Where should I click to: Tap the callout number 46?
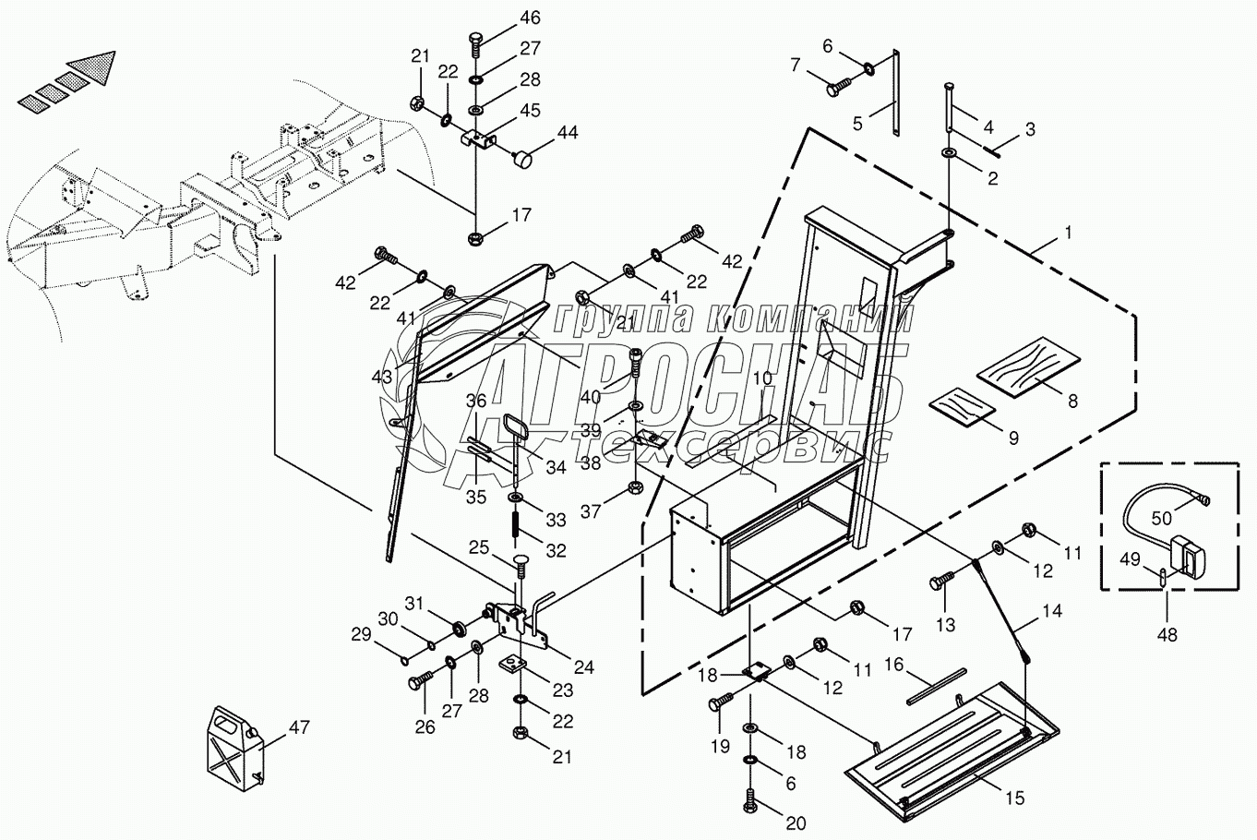coord(530,18)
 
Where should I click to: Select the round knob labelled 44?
coord(523,159)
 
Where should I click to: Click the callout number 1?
coord(1068,234)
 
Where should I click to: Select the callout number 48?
coord(1167,635)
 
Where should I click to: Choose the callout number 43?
coord(381,377)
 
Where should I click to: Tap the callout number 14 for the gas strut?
coord(1052,611)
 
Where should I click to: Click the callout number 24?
coord(582,667)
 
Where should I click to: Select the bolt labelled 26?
coord(415,685)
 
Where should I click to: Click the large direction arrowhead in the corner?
coord(96,64)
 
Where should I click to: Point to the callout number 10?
coord(761,378)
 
